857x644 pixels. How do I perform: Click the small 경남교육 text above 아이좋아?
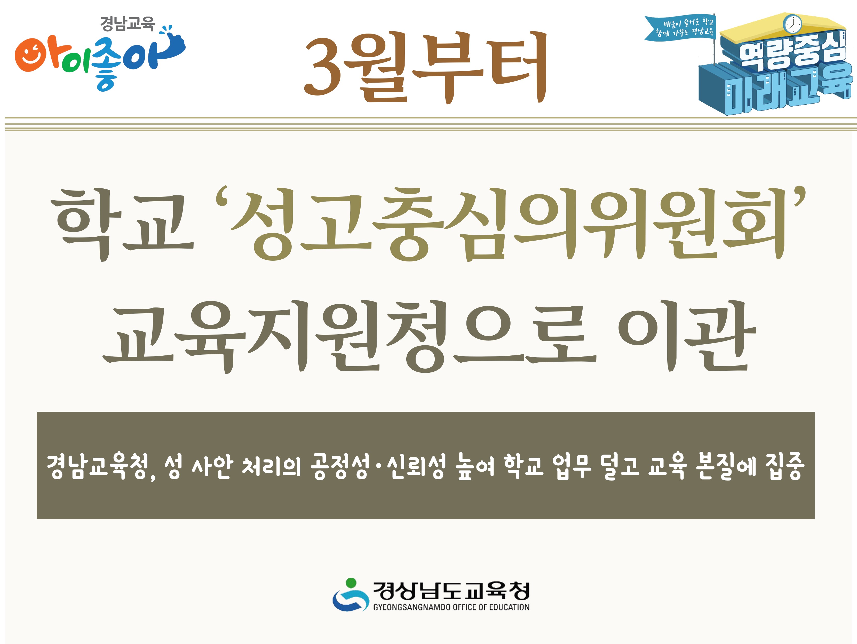pos(127,23)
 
